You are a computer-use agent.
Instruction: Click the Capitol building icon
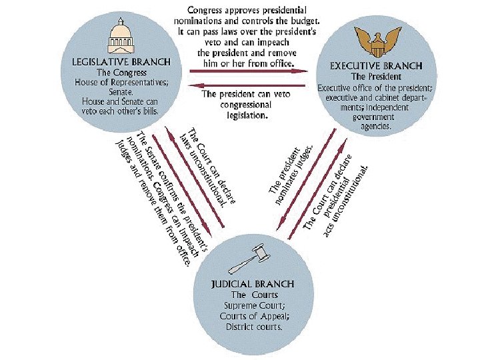click(121, 37)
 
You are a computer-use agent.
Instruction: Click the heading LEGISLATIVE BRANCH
click(121, 62)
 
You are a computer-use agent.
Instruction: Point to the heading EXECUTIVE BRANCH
click(376, 66)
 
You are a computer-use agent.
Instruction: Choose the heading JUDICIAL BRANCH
click(253, 284)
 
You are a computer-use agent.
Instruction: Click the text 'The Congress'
click(121, 72)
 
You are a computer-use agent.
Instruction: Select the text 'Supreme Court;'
click(253, 305)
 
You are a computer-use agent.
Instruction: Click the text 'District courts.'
click(253, 327)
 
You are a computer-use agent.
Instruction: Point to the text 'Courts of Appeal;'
click(253, 316)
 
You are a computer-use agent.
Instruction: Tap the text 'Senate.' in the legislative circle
click(121, 92)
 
